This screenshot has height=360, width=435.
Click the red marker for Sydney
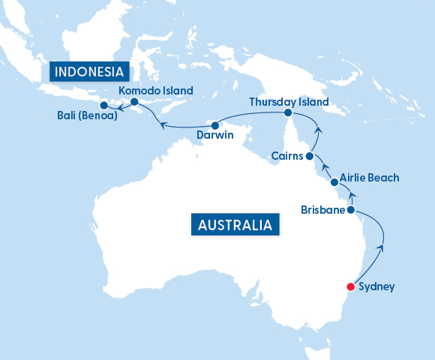point(349,286)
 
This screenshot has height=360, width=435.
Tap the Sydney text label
point(376,286)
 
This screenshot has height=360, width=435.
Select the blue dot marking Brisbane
point(350,211)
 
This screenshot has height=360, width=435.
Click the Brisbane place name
point(322,210)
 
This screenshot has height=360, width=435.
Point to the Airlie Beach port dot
point(334,182)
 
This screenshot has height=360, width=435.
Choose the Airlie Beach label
point(369,178)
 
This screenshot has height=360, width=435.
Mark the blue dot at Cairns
point(309,156)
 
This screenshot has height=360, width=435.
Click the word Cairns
point(286,156)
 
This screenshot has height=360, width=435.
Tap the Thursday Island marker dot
point(287,112)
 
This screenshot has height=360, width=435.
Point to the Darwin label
point(215,136)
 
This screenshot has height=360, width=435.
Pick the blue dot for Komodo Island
point(133,101)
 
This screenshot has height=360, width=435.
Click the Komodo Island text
point(156,90)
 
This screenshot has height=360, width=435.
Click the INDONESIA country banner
point(88,73)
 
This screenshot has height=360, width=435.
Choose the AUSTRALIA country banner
point(235,224)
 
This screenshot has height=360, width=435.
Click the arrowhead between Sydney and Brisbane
point(384,247)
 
